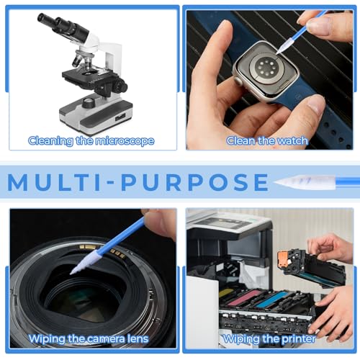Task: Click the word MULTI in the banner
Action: point(54,182)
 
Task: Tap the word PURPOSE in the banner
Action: point(194,182)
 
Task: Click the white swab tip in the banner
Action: point(305,181)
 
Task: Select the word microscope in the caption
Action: point(125,141)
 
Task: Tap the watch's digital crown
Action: point(239,81)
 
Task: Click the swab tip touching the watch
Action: point(283,47)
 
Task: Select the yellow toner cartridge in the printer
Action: point(226,293)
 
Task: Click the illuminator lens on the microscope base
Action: point(89,103)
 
